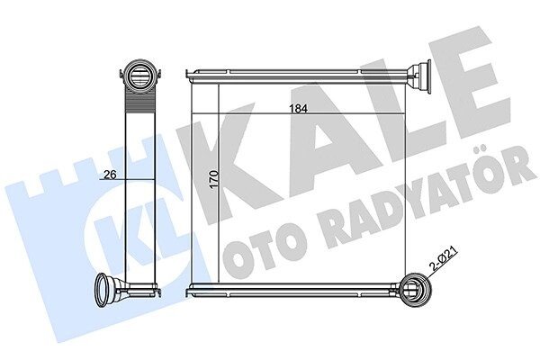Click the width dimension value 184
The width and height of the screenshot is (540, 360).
coord(298,109)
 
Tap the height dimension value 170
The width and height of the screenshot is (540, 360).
coord(214,179)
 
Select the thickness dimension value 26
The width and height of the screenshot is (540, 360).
coord(110,175)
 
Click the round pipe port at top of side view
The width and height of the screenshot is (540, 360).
coord(139,74)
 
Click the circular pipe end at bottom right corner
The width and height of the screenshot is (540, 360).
coord(417,289)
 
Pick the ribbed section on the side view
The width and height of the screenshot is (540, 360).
coord(139,102)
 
